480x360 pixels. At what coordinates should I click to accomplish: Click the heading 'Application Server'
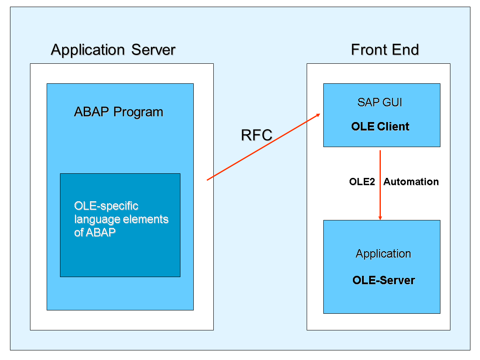(x=113, y=50)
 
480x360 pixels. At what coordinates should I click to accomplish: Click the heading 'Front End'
(x=385, y=50)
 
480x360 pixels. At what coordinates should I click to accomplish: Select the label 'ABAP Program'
(x=118, y=112)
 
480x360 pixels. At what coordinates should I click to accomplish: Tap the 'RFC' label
(x=257, y=135)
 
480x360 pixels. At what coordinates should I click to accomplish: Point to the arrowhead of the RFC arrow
(x=318, y=115)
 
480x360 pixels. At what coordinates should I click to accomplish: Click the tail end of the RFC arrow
(x=208, y=180)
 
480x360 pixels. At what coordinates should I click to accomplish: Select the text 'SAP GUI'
(x=380, y=102)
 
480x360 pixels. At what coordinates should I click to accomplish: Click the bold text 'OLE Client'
(x=380, y=127)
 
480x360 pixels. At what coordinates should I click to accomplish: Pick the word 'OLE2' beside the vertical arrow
(x=362, y=182)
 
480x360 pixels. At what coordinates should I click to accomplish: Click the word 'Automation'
(x=411, y=182)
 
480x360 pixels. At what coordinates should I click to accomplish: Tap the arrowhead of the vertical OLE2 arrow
(x=380, y=217)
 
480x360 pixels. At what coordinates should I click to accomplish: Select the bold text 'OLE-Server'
(x=383, y=280)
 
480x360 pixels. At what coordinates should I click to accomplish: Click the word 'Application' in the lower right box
(x=383, y=254)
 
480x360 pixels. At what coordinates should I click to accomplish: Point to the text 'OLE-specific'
(x=106, y=206)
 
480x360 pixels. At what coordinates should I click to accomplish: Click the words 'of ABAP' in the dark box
(x=95, y=232)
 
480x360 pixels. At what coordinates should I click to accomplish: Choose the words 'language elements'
(x=121, y=219)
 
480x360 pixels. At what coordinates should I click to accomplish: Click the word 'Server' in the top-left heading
(x=153, y=50)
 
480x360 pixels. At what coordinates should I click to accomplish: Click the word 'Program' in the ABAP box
(x=138, y=112)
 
